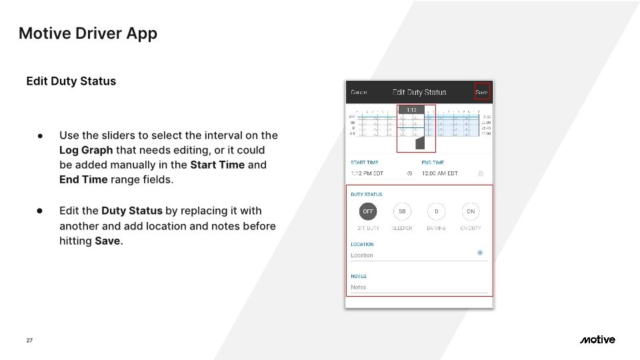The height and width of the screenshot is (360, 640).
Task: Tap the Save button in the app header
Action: pos(482,92)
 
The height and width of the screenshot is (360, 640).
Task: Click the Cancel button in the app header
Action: pos(359,92)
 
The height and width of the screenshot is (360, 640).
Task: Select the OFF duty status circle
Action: pos(367,212)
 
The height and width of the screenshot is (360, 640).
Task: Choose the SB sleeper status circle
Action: pos(402,212)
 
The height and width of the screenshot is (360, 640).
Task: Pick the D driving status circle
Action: pos(437,212)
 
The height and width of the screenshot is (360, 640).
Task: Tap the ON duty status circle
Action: pos(471,212)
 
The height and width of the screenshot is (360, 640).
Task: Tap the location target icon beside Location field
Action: pos(480,253)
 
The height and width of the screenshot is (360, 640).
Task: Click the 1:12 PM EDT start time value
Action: pos(367,173)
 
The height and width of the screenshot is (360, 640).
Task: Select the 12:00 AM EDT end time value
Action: pos(440,173)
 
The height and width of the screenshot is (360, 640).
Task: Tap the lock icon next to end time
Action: pos(481,173)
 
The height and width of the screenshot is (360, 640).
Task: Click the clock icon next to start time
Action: pos(410,173)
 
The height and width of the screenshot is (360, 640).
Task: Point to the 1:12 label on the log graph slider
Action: pos(411,110)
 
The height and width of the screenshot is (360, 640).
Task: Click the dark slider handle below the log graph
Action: pos(420,143)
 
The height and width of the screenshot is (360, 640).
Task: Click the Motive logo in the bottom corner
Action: pos(597,340)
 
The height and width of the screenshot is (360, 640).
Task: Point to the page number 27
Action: pos(29,341)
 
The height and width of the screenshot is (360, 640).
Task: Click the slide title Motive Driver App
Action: pos(88,33)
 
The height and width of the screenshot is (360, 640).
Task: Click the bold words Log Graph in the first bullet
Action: pos(86,150)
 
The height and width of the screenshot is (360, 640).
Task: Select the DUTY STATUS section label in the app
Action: pos(367,195)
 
